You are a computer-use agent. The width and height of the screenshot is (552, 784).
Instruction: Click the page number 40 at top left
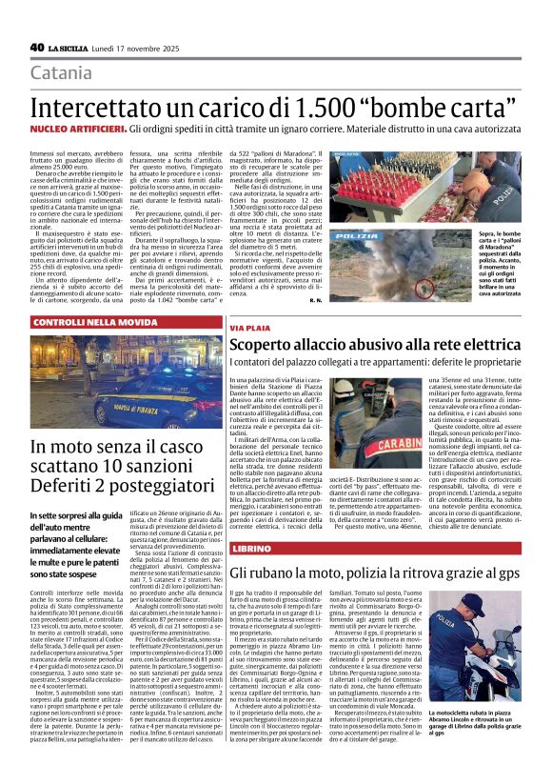coord(37,47)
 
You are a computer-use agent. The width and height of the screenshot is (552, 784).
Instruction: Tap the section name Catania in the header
coord(62,73)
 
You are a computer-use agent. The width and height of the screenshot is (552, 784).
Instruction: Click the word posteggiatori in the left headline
coord(148,490)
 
